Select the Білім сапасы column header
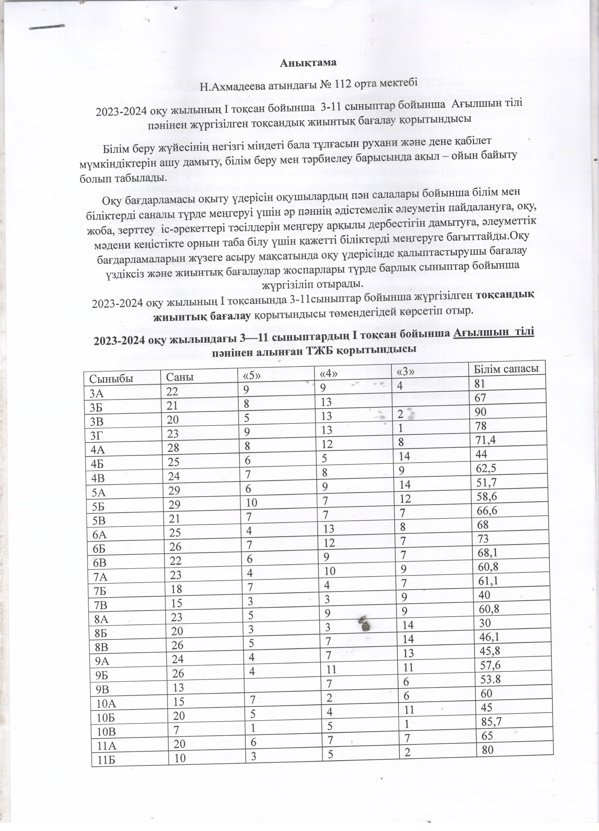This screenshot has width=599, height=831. (x=506, y=369)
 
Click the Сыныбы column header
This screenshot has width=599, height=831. (x=104, y=378)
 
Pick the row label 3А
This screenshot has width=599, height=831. (x=97, y=393)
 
